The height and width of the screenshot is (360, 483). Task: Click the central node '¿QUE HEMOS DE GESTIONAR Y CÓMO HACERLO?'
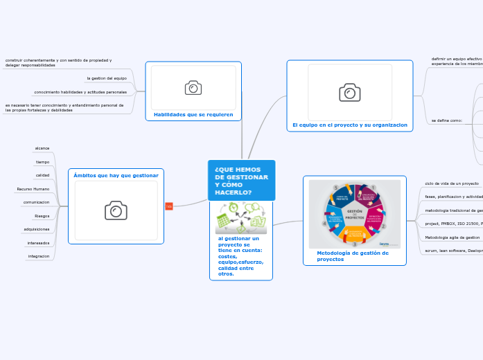point(241,181)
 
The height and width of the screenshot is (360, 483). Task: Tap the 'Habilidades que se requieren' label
point(193,114)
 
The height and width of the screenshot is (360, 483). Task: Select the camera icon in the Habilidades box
point(193,87)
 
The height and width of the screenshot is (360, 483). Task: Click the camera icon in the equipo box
point(349,93)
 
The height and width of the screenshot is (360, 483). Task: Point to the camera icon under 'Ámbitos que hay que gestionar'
point(116,210)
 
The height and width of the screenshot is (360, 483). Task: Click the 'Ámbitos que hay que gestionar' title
point(116,175)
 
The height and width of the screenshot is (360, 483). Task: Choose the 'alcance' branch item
point(42,148)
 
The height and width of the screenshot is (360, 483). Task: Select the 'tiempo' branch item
point(43,162)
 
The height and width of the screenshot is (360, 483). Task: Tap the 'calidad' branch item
point(43,175)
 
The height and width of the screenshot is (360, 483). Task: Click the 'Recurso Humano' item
point(33,189)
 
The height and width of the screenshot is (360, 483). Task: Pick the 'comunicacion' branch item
point(36,202)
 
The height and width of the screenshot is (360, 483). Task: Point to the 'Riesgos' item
point(42,216)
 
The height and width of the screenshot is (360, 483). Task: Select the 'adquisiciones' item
point(37,229)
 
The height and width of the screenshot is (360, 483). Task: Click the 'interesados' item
point(38,243)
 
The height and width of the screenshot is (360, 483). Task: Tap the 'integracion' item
point(38,256)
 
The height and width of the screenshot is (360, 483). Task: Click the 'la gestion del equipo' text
point(107,78)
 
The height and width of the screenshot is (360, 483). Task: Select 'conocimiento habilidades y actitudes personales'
point(80,92)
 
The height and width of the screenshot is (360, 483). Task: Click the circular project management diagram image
point(354,214)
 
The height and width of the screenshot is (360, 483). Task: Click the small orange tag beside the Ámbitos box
point(169,206)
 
